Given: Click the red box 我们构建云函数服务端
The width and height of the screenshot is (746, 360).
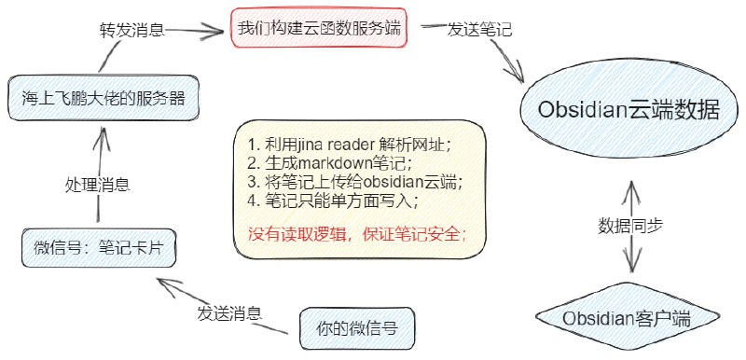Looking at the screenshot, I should (318, 27).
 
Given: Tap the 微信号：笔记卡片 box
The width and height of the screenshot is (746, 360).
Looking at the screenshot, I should (98, 248).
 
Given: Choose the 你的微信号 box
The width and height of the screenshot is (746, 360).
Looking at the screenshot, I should (357, 328).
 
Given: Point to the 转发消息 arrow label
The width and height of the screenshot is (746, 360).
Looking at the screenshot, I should (131, 29).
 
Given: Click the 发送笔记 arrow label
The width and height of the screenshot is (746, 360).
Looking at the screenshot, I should (479, 29).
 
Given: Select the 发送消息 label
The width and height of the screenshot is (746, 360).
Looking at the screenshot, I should (228, 312).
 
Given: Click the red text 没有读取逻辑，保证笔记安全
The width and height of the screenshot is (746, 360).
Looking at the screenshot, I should (357, 233).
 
